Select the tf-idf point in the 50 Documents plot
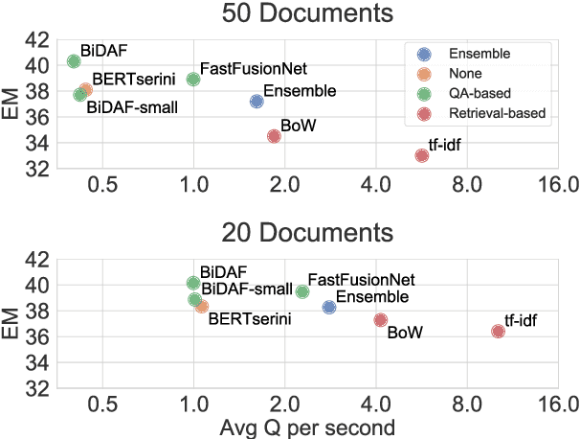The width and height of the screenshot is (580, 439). click(422, 155)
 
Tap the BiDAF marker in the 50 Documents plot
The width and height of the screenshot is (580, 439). click(74, 61)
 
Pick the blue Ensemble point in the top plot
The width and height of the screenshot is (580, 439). click(257, 101)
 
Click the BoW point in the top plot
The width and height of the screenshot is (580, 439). click(274, 136)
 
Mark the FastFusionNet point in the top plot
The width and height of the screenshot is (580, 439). click(193, 79)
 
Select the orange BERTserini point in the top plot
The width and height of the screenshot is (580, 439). click(86, 90)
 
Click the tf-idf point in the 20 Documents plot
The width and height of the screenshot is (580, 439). click(498, 331)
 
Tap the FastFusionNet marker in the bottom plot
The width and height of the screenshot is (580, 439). click(302, 291)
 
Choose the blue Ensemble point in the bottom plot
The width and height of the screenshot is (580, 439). click(329, 307)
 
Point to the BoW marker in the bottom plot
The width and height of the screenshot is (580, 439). click(381, 320)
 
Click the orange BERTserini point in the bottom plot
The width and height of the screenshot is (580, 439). click(202, 306)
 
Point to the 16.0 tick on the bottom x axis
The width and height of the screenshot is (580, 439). click(557, 404)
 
